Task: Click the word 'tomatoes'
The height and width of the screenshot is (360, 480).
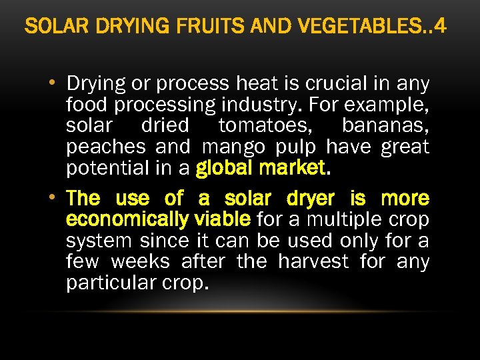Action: click(263, 126)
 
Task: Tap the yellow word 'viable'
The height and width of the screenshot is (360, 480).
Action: click(219, 219)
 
